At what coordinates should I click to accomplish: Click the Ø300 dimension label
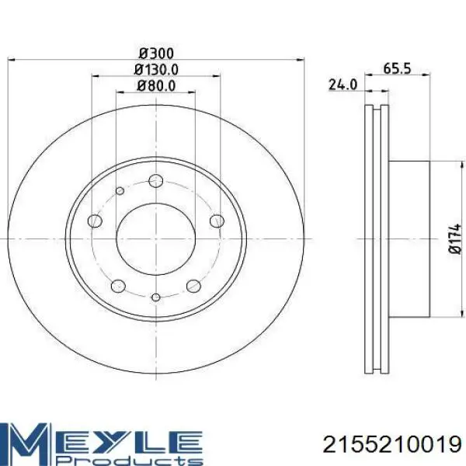point(156,54)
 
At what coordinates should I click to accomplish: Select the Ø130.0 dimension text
point(156,70)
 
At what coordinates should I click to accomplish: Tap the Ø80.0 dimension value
point(156,86)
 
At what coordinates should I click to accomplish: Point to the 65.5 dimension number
point(397,68)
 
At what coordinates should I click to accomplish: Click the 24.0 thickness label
point(343,85)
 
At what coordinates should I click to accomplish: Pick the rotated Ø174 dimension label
point(454,239)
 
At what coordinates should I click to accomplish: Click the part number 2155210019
point(392,445)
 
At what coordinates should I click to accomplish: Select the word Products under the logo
point(129,459)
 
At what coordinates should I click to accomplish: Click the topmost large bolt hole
point(156,181)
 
